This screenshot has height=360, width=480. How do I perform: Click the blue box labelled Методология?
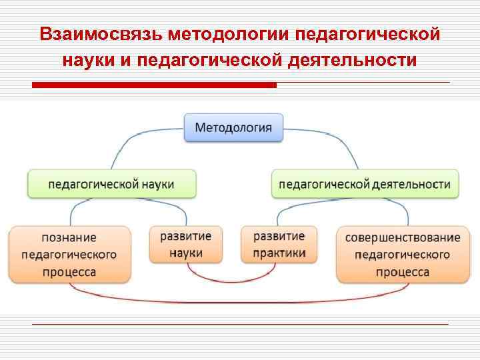[x=233, y=127]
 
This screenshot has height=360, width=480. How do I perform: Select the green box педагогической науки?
[x=112, y=183]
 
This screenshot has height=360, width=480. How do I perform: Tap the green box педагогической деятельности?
[x=365, y=183]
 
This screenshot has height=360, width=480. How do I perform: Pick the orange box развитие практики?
[x=279, y=245]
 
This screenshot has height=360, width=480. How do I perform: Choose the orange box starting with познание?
[x=69, y=255]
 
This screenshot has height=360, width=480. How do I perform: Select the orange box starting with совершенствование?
[x=403, y=255]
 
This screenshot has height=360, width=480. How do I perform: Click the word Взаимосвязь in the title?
[x=100, y=33]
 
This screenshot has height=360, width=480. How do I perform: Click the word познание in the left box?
[x=69, y=237]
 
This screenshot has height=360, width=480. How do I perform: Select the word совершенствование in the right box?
[x=403, y=237]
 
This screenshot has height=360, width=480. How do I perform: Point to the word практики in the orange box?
[x=279, y=253]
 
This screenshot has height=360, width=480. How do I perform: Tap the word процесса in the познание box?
[x=69, y=272]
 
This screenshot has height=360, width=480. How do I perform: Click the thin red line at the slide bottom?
[x=240, y=325]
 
